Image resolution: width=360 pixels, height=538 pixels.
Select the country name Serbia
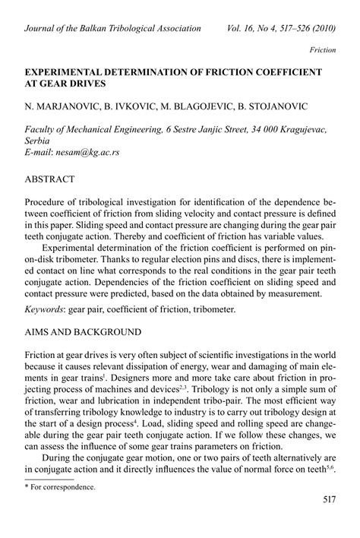coord(39,141)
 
